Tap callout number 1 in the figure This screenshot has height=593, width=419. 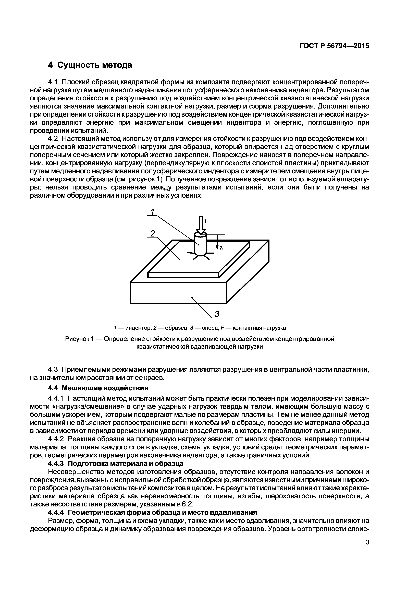pos(153,212)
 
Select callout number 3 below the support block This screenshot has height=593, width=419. pos(217,314)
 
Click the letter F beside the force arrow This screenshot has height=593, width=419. pos(206,221)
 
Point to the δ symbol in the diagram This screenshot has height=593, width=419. pos(221,248)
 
